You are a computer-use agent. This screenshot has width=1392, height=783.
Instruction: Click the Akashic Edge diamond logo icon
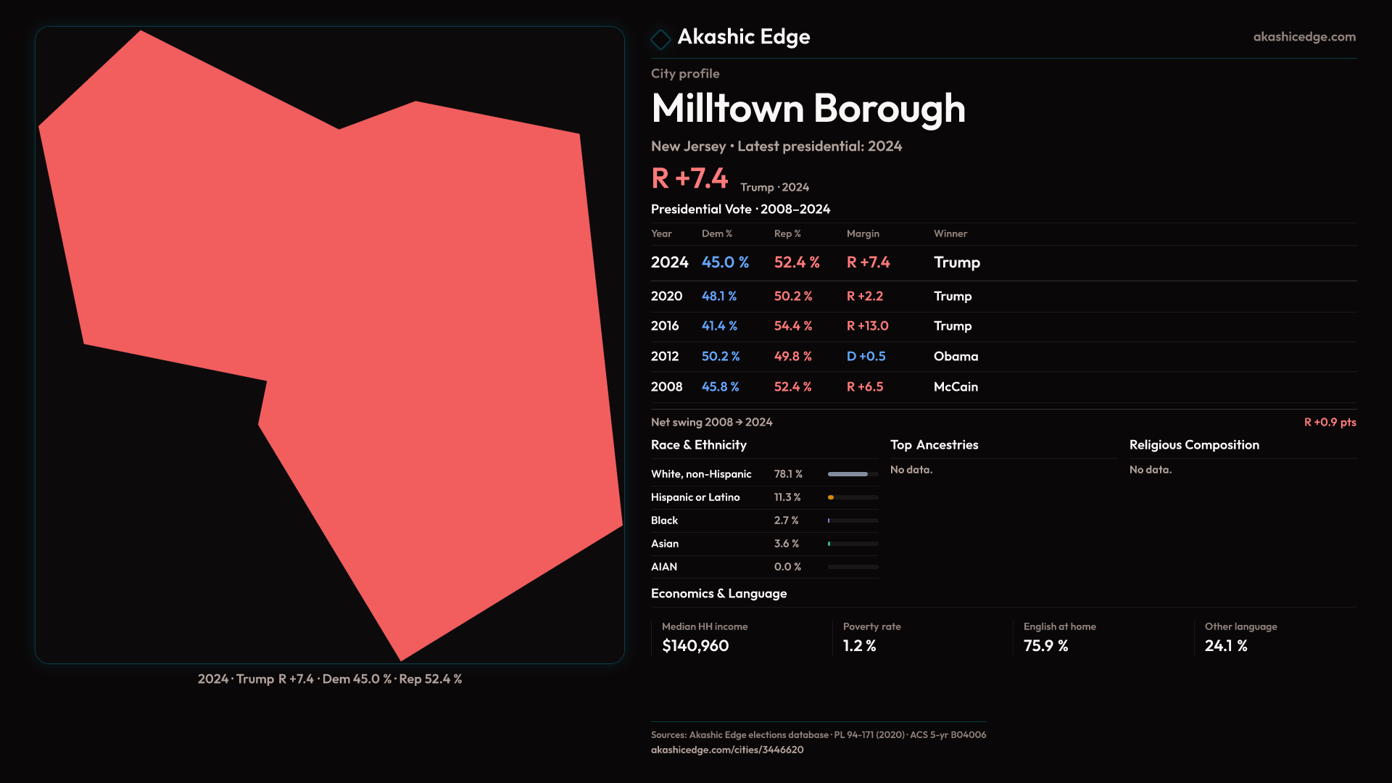point(660,38)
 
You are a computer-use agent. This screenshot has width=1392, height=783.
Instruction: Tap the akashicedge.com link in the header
point(1304,37)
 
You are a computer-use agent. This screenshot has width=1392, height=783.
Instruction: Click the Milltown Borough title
point(808,109)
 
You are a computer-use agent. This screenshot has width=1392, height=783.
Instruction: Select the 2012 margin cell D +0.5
point(866,357)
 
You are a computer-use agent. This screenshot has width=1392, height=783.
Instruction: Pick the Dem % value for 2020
point(718,297)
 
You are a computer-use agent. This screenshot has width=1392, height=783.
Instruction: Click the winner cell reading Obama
point(956,357)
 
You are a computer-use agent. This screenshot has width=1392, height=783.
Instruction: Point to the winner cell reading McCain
point(956,387)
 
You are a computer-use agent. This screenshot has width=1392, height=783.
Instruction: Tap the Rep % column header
point(787,233)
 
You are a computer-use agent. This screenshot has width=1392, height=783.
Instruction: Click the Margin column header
point(863,233)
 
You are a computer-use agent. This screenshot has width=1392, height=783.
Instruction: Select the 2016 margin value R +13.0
point(867,326)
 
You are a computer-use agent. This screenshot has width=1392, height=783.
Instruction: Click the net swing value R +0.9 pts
point(1330,422)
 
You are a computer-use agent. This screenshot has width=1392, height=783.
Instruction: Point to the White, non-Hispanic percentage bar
point(853,474)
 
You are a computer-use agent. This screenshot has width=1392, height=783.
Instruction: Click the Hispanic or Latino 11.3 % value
point(787,497)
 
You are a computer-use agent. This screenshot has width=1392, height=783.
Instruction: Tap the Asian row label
point(665,544)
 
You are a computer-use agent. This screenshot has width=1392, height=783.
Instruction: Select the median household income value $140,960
point(695,646)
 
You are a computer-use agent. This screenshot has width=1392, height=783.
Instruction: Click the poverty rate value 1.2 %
point(859,646)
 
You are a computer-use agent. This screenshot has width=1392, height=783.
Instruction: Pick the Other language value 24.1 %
point(1225,646)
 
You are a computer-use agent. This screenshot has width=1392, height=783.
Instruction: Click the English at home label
point(1059,626)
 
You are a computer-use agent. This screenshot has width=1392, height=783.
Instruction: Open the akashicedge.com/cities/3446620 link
point(727,750)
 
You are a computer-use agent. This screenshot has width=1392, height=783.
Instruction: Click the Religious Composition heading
point(1194,445)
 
